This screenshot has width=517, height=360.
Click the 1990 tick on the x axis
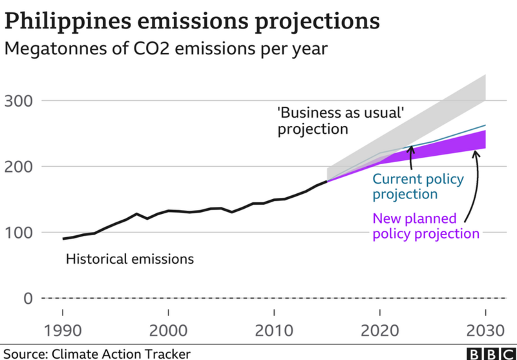(x=63, y=330)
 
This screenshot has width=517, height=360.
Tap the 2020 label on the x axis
(x=379, y=330)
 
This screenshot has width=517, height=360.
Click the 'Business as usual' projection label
(x=341, y=120)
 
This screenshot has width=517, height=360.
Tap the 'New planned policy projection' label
(x=426, y=226)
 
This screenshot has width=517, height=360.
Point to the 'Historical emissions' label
(x=130, y=260)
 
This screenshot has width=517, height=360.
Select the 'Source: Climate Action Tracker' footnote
(x=96, y=354)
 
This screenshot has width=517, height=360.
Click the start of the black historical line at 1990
(x=63, y=238)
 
